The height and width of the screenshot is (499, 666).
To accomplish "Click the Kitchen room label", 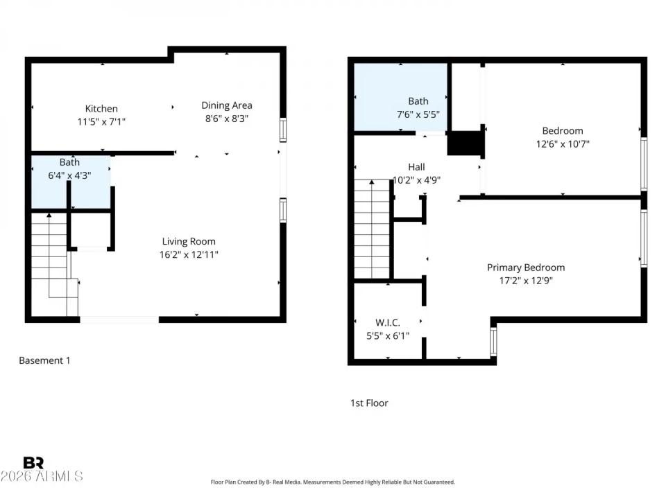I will tap(101, 108).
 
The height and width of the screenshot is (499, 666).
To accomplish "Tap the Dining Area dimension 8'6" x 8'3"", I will tap(226, 119).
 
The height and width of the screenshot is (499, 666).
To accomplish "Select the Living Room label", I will tap(189, 241).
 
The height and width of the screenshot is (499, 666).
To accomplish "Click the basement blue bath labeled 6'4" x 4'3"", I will tap(69, 182).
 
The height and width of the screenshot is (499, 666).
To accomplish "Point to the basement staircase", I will tap(50, 263).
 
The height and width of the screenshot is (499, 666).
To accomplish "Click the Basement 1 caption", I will tap(44, 360).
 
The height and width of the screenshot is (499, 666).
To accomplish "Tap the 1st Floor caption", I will tap(369, 403).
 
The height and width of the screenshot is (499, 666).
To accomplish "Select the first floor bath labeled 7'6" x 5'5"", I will tap(401, 97).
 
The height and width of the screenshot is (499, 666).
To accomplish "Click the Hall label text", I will tap(416, 167).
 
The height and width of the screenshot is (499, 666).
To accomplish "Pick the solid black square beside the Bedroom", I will tap(464, 143).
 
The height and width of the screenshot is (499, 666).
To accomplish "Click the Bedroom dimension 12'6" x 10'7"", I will tap(562, 144).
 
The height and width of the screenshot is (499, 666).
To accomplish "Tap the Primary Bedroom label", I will tap(526, 268).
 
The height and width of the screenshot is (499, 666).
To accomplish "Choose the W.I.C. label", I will tap(388, 322).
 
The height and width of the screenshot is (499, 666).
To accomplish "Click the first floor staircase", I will tap(373, 229).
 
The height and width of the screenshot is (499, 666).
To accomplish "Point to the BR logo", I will tap(33, 462).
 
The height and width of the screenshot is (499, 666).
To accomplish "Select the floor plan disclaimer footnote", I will tap(332, 482).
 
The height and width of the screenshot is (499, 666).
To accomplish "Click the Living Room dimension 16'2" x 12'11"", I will tap(189, 254).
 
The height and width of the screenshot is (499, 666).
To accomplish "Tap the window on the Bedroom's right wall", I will tap(644, 164).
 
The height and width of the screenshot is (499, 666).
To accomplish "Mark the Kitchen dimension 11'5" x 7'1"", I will tap(101, 121).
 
